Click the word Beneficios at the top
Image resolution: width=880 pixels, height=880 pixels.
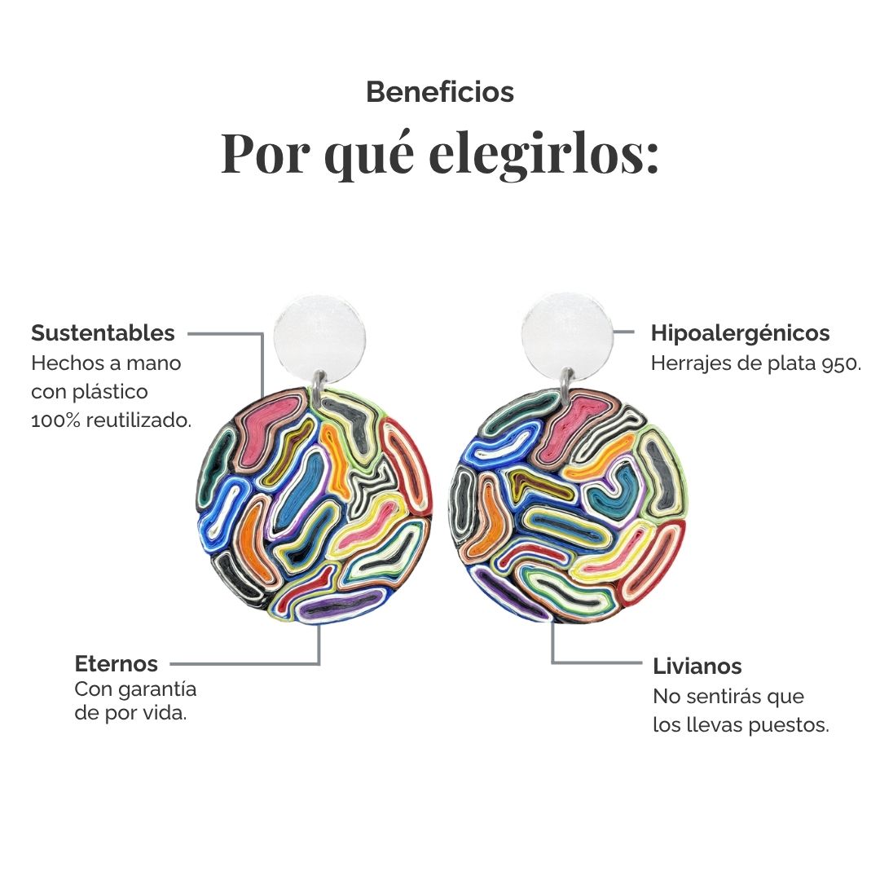(x=440, y=92)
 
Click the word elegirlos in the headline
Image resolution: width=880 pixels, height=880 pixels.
(x=543, y=154)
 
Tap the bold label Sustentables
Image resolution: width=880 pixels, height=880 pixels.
(x=103, y=332)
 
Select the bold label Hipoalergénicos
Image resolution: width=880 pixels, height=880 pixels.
(x=740, y=333)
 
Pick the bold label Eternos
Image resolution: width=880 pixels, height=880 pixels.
(x=117, y=663)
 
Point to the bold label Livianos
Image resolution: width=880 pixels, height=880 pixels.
(x=697, y=667)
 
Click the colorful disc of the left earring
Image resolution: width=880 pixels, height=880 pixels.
(x=315, y=505)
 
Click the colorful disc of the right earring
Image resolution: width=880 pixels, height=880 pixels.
(x=567, y=505)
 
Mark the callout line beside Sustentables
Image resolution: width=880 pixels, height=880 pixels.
(x=262, y=334)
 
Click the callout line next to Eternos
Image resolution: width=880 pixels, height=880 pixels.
(x=319, y=663)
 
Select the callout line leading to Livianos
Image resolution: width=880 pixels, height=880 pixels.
(x=552, y=662)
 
